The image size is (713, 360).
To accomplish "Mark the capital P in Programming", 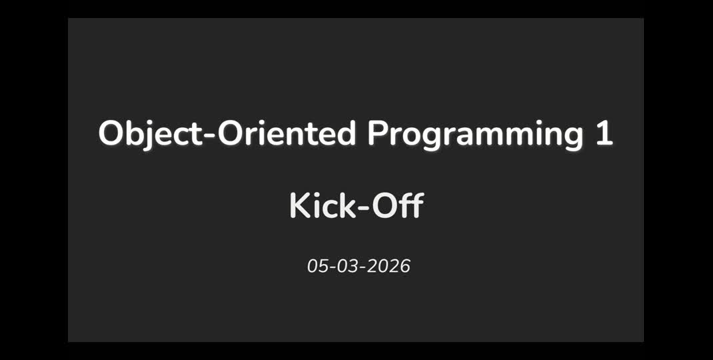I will coord(376,134).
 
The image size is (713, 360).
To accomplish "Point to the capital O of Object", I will coord(110,134).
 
